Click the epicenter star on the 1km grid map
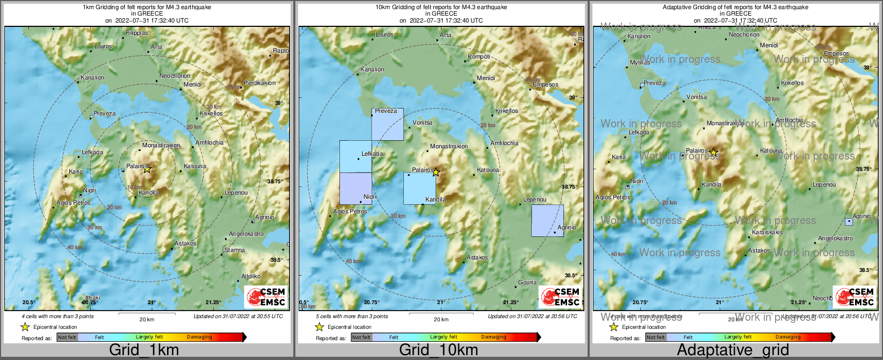pyautogui.click(x=147, y=169)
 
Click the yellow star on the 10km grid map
pyautogui.click(x=436, y=172)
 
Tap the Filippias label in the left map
pyautogui.click(x=137, y=33)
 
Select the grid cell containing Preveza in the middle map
pyautogui.click(x=387, y=125)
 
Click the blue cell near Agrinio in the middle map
pyautogui.click(x=547, y=220)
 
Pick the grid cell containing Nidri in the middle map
pyautogui.click(x=356, y=188)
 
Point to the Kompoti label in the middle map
pyautogui.click(x=479, y=56)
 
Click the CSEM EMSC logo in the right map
pyautogui.click(x=853, y=297)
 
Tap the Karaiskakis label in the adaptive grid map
pyautogui.click(x=768, y=233)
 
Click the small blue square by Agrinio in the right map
pyautogui.click(x=849, y=221)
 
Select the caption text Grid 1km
pyautogui.click(x=143, y=350)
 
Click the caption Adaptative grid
pyautogui.click(x=733, y=350)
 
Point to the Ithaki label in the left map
pyautogui.click(x=93, y=298)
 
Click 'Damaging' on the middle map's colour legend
pyautogui.click(x=494, y=337)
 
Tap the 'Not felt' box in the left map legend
pyautogui.click(x=67, y=337)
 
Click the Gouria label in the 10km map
pyautogui.click(x=527, y=282)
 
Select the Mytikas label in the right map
pyautogui.click(x=640, y=62)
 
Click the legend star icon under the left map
pyautogui.click(x=25, y=327)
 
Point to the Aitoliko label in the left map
pyautogui.click(x=251, y=276)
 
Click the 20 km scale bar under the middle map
pyautogui.click(x=441, y=314)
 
